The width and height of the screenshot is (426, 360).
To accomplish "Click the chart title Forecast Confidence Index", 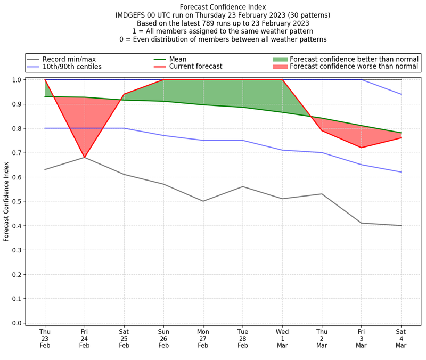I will (223, 7).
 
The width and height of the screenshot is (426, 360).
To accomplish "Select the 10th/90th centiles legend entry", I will (72, 67).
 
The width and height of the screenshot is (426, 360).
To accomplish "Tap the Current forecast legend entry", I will (195, 67).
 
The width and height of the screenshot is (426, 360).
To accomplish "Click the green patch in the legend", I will (280, 59).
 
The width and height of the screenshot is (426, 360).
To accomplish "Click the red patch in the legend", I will (280, 67).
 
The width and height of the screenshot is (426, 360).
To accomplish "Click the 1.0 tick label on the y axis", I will (16, 80).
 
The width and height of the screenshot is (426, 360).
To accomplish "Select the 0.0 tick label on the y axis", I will (16, 323).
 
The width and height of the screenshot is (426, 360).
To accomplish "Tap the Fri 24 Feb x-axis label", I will (84, 339).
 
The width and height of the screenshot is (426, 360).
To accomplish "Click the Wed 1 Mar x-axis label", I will (282, 339).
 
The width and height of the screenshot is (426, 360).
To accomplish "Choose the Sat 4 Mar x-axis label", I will (401, 339).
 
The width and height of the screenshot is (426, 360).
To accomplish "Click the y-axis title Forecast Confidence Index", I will (6, 201).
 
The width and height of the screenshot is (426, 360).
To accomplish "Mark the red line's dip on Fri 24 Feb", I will (84, 158).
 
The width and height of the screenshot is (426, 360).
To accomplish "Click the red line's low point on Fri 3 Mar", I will (362, 148).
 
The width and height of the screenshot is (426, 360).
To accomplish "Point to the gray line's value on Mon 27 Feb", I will (203, 201).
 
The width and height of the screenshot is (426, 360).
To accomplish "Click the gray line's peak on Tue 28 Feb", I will (243, 186).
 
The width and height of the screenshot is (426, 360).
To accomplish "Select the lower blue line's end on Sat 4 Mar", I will (401, 172).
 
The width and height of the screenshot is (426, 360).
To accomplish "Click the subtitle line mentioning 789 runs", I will (223, 23).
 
